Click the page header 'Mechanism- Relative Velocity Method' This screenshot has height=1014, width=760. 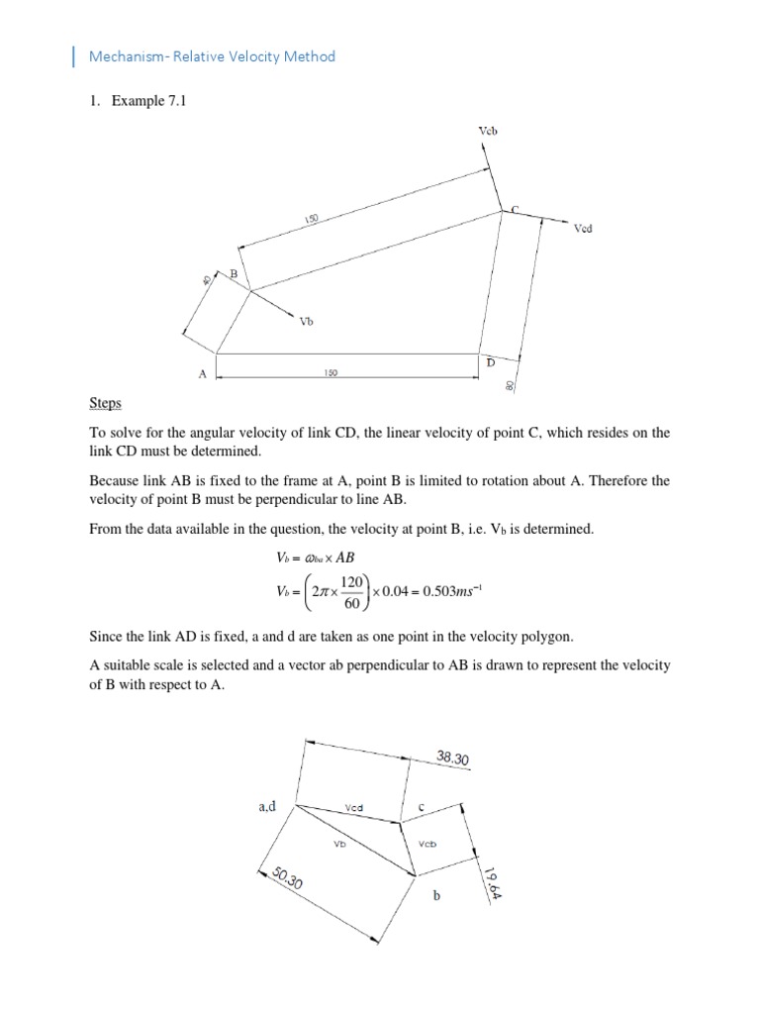(212, 56)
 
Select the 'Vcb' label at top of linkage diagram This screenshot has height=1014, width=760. (487, 131)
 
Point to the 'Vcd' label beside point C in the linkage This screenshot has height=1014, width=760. (584, 228)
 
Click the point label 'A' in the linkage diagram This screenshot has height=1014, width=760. (202, 374)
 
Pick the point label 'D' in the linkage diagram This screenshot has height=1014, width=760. (490, 363)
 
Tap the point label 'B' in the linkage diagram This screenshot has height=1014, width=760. (235, 272)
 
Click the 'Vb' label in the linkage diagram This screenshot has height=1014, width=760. (307, 321)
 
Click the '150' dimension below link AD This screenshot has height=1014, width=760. (331, 373)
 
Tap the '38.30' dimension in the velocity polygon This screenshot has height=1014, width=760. (452, 759)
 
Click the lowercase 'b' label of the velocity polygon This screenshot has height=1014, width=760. (435, 896)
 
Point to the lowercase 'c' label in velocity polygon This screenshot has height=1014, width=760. (422, 807)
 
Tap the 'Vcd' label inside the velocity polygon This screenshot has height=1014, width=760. (354, 808)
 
